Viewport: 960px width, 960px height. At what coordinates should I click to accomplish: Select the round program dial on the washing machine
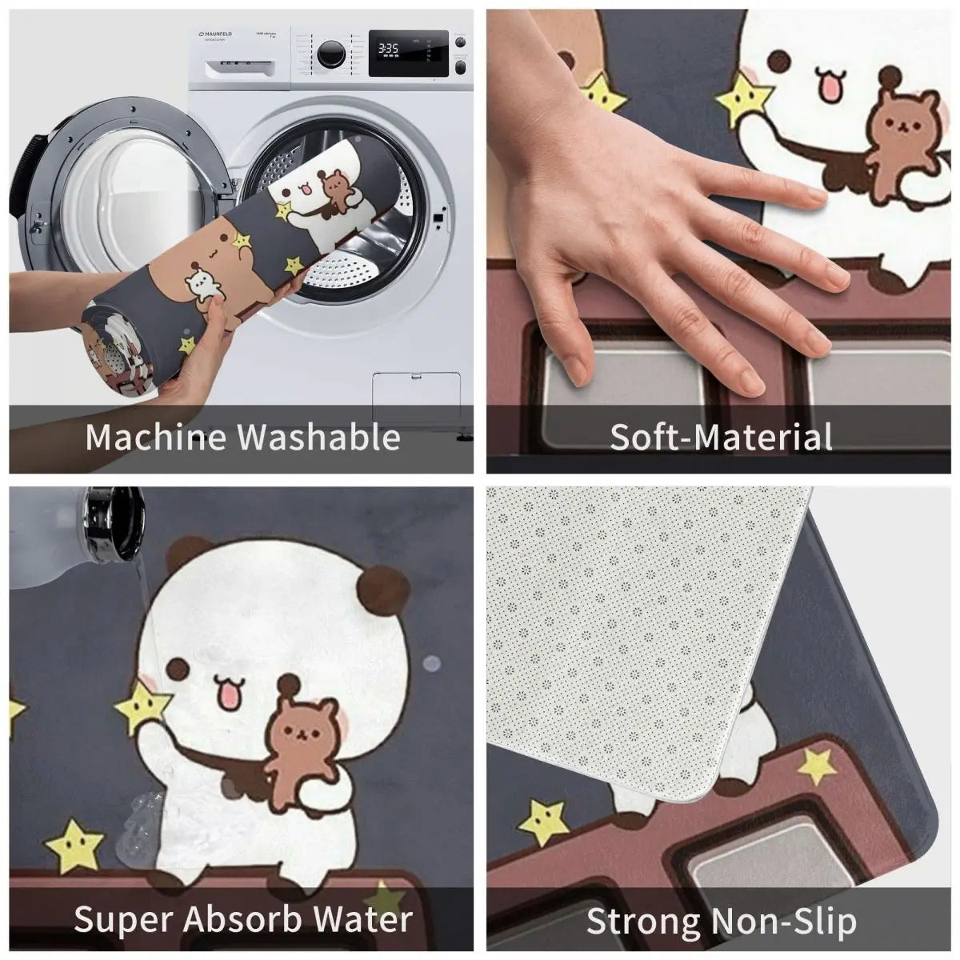pos(330,54)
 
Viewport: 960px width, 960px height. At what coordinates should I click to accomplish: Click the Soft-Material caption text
pos(721,438)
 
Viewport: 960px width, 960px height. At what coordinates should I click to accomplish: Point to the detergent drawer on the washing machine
pos(232,56)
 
